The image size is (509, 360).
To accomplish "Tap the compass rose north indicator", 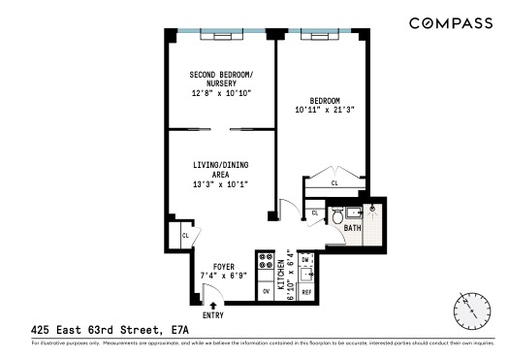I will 470,311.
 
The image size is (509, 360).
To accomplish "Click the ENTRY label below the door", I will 212,315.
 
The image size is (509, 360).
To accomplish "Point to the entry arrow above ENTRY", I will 212,305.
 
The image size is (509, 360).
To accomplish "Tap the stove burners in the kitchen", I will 266,263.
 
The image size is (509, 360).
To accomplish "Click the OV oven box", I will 266,289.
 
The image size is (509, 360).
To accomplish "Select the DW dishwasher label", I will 305,260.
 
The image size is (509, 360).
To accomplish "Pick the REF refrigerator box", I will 306,291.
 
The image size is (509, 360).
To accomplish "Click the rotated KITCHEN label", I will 281,277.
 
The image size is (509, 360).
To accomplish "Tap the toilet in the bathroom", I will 335,217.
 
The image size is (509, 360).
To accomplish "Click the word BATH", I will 352,228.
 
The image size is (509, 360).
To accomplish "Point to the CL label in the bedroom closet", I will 334,182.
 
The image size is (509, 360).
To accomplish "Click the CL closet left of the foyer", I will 183,235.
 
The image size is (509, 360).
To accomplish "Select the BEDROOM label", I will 325,101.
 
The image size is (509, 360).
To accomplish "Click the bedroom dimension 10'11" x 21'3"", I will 325,111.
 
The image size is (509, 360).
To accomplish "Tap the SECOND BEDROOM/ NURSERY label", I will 221,80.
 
